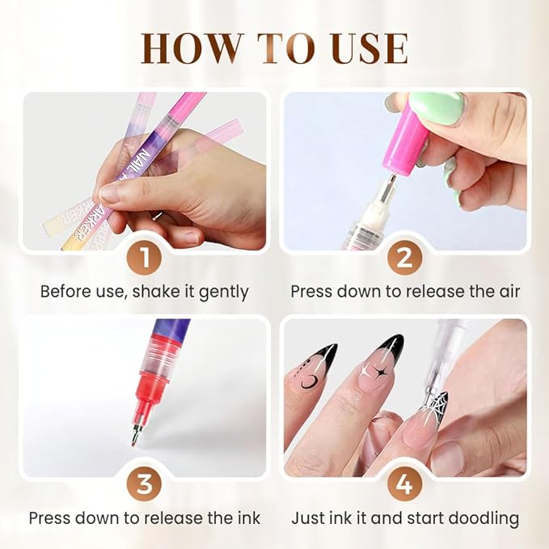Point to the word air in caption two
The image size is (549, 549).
tap(506, 291)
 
